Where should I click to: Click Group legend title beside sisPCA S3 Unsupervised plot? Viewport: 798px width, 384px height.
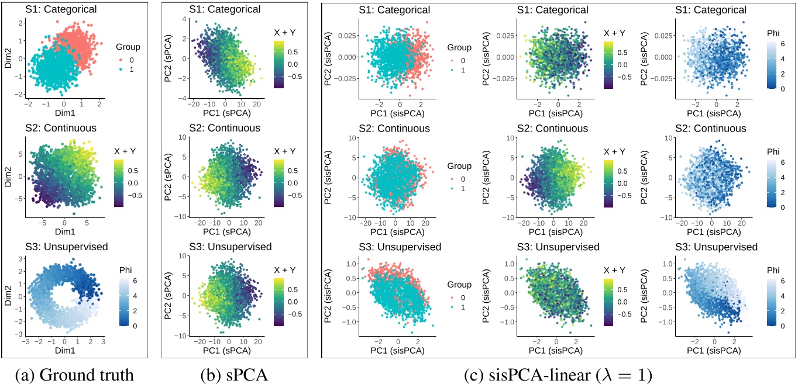(459, 285)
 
